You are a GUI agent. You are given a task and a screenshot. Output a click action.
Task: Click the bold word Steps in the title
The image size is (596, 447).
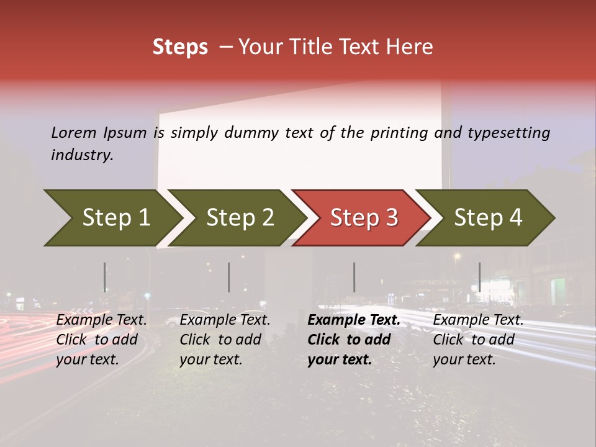coord(180,47)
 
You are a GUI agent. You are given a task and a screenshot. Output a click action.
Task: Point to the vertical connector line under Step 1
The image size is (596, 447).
coord(105,277)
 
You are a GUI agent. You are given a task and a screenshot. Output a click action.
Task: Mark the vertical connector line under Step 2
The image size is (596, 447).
coord(229,277)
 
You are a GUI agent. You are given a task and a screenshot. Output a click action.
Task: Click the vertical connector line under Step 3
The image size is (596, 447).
coord(354,277)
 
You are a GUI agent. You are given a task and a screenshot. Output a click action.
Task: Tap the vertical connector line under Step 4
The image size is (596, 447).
coord(479,277)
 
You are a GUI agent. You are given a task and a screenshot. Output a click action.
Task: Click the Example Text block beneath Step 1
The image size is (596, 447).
coord(102,340)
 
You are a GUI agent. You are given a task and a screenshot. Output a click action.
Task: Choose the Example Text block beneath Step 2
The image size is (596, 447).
coord(225,340)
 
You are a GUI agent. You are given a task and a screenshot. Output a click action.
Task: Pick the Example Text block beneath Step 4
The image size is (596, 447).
coord(478,340)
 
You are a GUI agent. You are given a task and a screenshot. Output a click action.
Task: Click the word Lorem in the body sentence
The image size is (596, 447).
coord(74,133)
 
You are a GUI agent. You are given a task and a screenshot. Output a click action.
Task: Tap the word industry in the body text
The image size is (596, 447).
coord(82,155)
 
